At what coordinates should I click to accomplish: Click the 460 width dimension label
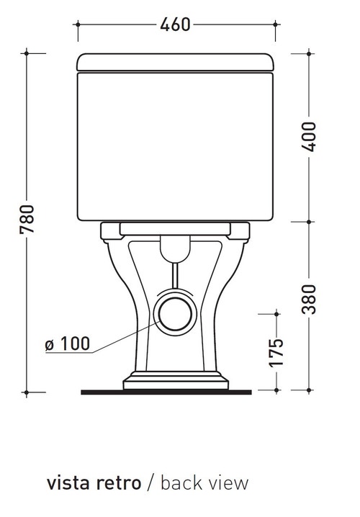pos(175,24)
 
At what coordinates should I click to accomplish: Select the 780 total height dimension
pos(27,222)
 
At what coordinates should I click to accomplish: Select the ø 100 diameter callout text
pos(67,343)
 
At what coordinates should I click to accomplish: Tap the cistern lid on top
pos(175,62)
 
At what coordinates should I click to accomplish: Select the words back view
pos(204,482)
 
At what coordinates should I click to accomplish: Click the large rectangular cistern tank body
pos(175,144)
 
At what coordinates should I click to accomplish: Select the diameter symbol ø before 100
pos(50,343)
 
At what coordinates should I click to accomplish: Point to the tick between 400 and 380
pos(310,222)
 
